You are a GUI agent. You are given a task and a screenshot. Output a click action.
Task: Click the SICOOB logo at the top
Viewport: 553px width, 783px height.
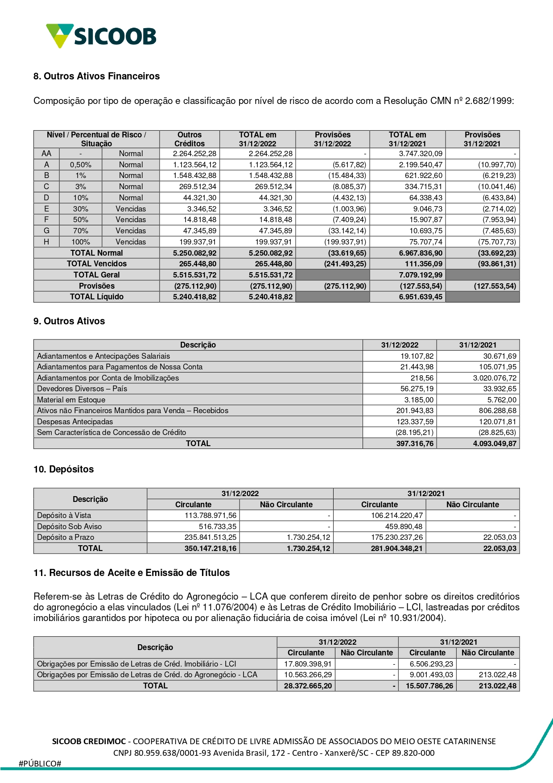(101, 36)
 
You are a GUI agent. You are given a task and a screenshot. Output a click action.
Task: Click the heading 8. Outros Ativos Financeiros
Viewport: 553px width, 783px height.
(96, 76)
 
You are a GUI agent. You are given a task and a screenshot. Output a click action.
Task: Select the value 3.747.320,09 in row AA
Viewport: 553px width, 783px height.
(421, 153)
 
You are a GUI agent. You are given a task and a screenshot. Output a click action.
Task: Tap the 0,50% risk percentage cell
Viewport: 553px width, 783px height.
(80, 165)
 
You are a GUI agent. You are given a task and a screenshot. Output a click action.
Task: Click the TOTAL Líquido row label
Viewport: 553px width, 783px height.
(96, 297)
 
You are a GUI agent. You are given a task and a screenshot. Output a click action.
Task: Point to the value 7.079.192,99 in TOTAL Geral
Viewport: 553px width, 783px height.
(421, 275)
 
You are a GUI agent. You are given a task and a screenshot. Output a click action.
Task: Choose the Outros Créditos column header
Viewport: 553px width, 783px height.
(190, 139)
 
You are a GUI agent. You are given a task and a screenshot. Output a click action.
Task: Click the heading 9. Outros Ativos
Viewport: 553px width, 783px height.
(69, 321)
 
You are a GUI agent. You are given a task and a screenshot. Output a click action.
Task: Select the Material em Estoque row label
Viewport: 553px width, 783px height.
(71, 400)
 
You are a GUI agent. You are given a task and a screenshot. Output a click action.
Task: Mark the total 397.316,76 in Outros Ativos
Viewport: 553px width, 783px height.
(415, 443)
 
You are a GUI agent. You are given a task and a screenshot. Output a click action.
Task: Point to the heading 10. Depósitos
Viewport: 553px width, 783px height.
(63, 469)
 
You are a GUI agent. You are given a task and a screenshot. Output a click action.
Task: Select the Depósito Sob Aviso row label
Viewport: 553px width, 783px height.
(70, 526)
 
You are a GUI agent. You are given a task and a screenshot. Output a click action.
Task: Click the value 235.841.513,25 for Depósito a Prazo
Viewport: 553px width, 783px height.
(210, 537)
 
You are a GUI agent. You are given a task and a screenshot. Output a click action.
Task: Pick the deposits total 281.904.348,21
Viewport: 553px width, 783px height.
(396, 548)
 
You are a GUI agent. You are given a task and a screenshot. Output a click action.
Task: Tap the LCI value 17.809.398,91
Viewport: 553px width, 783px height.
(308, 664)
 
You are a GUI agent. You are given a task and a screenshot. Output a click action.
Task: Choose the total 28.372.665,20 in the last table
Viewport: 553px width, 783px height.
(308, 686)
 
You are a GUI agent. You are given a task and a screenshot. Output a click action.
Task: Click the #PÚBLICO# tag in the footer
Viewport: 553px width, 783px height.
(40, 763)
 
